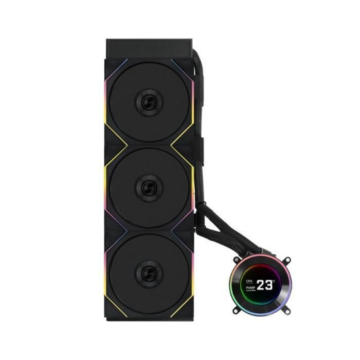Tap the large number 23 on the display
pyautogui.click(x=265, y=284)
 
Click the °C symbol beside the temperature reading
pyautogui.click(x=274, y=281)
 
